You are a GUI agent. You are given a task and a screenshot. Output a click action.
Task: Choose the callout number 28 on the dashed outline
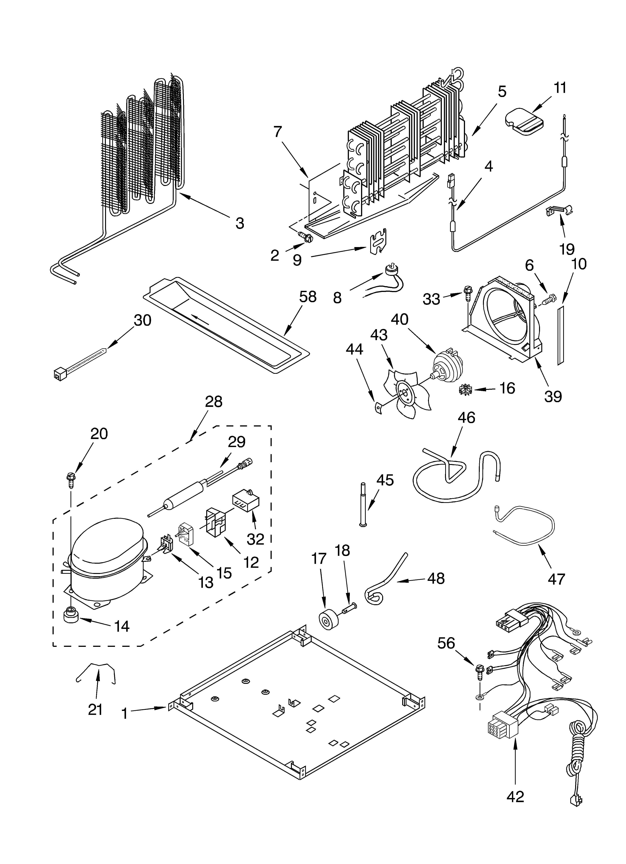pyautogui.click(x=214, y=401)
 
